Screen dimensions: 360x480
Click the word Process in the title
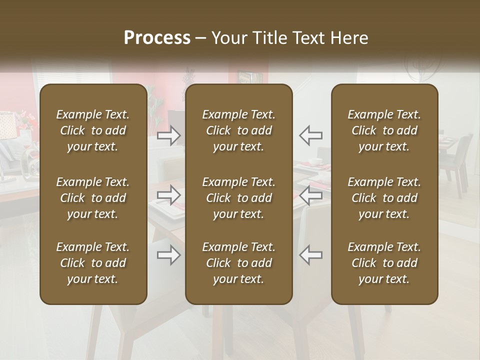pyautogui.click(x=157, y=38)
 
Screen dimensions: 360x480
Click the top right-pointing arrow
pyautogui.click(x=169, y=135)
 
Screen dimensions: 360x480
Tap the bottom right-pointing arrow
pyautogui.click(x=169, y=255)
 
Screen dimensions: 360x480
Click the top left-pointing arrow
pyautogui.click(x=311, y=135)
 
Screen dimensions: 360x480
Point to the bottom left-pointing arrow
pyautogui.click(x=311, y=255)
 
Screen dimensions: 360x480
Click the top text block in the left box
pyautogui.click(x=93, y=130)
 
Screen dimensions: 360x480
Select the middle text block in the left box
pyautogui.click(x=93, y=198)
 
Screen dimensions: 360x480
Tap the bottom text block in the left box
pyautogui.click(x=93, y=263)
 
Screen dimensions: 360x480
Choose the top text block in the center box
pyautogui.click(x=238, y=130)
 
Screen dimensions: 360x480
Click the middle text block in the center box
pyautogui.click(x=238, y=198)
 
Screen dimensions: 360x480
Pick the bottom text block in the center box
pyautogui.click(x=238, y=263)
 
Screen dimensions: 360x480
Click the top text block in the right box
pyautogui.click(x=384, y=130)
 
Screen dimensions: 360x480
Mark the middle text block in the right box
pyautogui.click(x=384, y=198)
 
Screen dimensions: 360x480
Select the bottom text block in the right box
pyautogui.click(x=384, y=263)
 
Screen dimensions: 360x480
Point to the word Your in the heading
pyautogui.click(x=228, y=38)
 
